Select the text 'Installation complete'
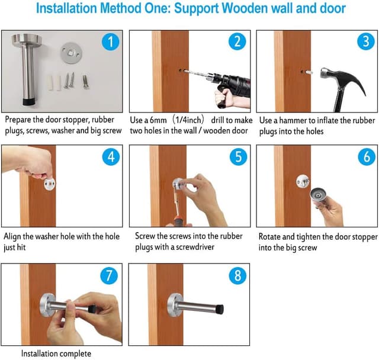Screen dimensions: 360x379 coord(56,353)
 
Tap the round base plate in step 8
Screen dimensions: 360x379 coord(174,306)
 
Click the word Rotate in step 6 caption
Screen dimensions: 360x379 coord(271,237)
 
